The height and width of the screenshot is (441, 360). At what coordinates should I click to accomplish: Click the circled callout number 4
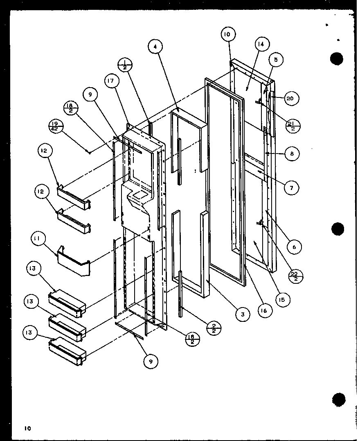coord(155,47)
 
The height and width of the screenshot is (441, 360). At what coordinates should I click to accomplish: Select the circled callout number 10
coord(227,34)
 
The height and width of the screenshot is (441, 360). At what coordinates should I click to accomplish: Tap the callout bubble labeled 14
coord(261,44)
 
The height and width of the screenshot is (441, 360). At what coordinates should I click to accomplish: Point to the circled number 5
coord(276,60)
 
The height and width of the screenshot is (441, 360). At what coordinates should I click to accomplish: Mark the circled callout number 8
coord(292,154)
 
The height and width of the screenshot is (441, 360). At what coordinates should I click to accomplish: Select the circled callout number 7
coord(291,188)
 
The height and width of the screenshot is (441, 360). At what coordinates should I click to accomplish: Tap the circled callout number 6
coord(294,247)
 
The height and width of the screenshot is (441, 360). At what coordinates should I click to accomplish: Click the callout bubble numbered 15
coord(282,300)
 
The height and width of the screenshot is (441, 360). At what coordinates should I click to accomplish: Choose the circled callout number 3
coord(243,314)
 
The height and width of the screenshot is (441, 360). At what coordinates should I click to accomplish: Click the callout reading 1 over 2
coord(124,66)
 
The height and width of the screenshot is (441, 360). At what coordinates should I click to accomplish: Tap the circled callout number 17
coord(111,81)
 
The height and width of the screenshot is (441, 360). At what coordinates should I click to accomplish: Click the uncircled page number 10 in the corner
coord(27,428)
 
